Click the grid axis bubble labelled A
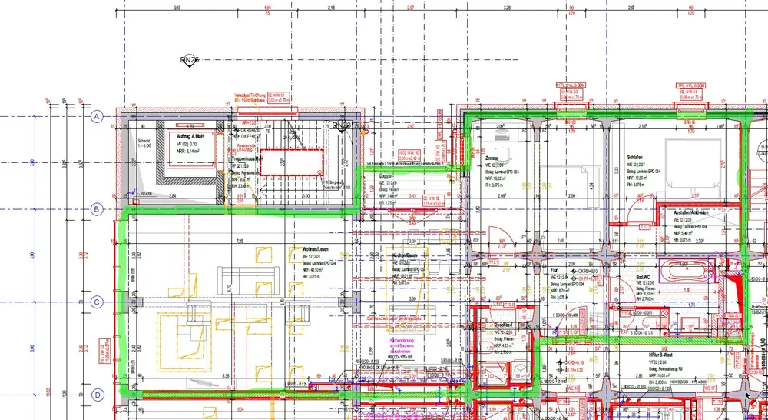pos(97,117)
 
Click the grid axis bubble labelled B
pos(97,208)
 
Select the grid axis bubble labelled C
pos(97,302)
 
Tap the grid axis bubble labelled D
pos(97,395)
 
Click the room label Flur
pos(555,272)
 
